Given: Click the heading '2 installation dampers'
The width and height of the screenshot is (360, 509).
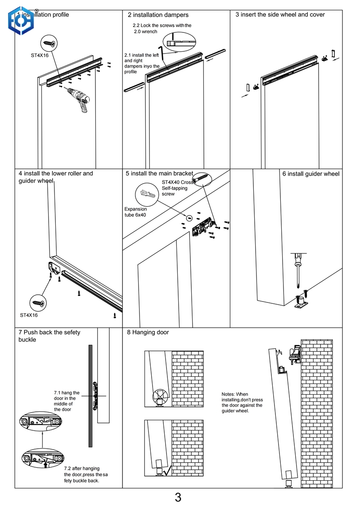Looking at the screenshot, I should click(x=158, y=15).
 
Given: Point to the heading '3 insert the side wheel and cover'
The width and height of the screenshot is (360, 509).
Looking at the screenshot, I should click(x=280, y=15).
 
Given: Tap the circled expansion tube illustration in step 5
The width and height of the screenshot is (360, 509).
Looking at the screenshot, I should click(x=148, y=194).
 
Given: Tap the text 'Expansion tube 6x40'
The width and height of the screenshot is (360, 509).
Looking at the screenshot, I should click(x=135, y=212).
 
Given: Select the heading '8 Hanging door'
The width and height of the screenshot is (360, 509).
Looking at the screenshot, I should click(x=148, y=333).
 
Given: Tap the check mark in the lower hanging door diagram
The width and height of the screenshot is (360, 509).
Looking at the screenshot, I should click(x=167, y=472).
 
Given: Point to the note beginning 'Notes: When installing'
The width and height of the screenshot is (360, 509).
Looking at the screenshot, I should click(x=242, y=402).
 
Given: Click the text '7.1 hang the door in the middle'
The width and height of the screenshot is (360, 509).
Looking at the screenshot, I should click(x=66, y=401).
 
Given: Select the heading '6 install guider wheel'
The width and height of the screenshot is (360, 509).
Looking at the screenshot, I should click(x=310, y=174).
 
